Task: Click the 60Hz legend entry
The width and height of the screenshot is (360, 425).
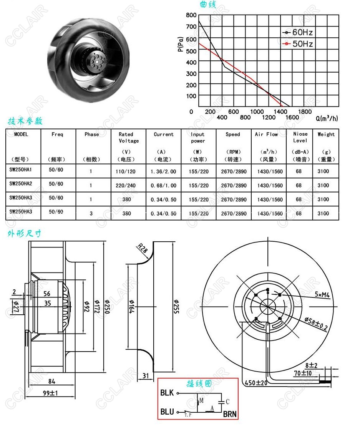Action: click(x=298, y=32)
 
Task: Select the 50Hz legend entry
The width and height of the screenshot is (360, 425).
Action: click(x=298, y=44)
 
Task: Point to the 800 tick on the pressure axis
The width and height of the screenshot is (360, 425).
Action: click(x=191, y=15)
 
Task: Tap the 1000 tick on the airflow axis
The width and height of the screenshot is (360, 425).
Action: click(x=257, y=111)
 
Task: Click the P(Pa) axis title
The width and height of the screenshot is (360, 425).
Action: click(x=181, y=44)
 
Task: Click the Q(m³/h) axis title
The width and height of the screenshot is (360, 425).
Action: click(x=327, y=118)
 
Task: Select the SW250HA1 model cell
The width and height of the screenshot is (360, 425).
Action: click(x=21, y=170)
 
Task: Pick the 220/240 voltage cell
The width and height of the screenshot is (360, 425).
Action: click(x=126, y=186)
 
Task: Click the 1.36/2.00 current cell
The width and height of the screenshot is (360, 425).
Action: click(x=163, y=171)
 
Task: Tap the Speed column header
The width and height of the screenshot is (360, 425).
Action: click(x=233, y=134)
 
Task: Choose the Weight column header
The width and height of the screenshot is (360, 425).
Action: click(x=326, y=134)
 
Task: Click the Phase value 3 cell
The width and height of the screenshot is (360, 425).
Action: click(x=91, y=214)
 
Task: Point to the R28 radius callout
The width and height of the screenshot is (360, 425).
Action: click(x=142, y=248)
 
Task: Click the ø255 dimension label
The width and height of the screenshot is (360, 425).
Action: click(x=176, y=307)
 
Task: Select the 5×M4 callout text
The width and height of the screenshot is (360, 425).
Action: click(x=322, y=294)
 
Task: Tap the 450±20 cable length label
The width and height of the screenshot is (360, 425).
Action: click(x=256, y=383)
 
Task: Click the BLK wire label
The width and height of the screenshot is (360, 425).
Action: click(x=167, y=393)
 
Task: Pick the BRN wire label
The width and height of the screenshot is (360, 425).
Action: click(x=230, y=414)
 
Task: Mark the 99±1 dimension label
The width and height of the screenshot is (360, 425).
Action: click(x=50, y=393)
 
